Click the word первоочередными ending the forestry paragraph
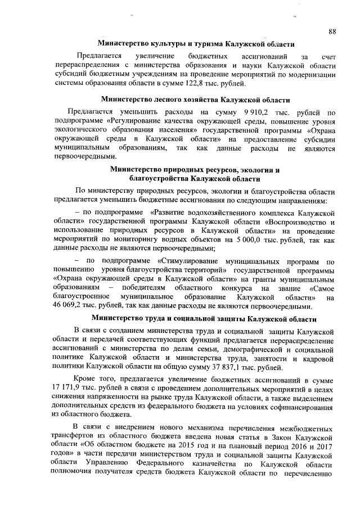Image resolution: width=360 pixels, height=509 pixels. click(81, 157)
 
